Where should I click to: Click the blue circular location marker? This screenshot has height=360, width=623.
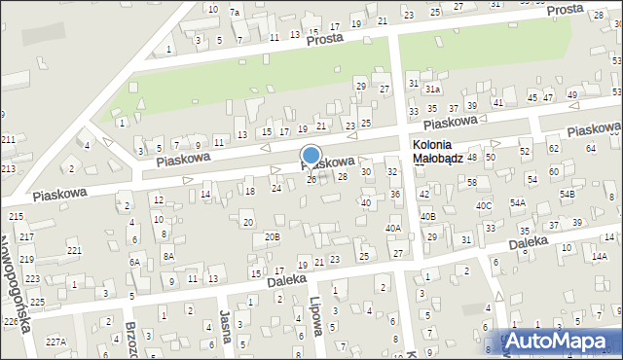pos(311,155)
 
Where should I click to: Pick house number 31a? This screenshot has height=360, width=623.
pos(432,90)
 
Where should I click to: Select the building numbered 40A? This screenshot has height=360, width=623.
pos(393,229)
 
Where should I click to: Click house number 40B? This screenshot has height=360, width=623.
pos(427,215)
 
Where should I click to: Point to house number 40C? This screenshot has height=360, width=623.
pos(483,206)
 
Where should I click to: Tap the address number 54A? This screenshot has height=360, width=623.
pos(517,202)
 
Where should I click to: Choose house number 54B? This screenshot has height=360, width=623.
pos(568,195)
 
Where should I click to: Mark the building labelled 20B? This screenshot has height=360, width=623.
pos(273,236)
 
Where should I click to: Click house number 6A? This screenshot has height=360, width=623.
pos(135,263)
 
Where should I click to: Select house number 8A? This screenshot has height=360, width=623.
pos(167,256)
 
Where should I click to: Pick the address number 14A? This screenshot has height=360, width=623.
pos(598,256)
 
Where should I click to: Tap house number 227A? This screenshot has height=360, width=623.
pos(55,341)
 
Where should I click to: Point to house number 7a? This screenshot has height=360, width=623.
pos(234,12)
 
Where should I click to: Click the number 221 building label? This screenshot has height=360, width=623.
pos(74,251)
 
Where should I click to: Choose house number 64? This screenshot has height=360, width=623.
pos(591,148)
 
